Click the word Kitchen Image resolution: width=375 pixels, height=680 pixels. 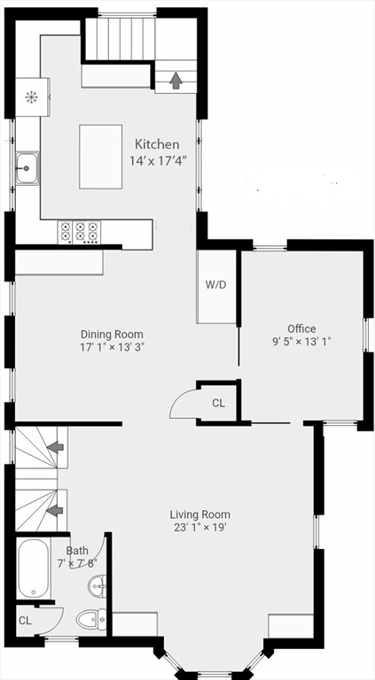[x=157, y=144]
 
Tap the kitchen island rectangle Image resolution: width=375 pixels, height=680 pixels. [x=100, y=156]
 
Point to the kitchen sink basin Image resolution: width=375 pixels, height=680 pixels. [x=27, y=166]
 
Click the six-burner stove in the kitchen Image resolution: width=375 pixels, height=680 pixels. [x=78, y=232]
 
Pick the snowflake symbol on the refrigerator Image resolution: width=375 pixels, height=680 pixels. [x=31, y=97]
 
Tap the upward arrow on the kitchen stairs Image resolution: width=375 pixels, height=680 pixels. [x=176, y=81]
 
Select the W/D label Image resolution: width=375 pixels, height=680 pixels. [x=216, y=285]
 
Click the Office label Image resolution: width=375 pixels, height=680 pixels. [x=301, y=328]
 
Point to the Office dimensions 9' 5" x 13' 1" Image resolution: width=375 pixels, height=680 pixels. [x=301, y=342]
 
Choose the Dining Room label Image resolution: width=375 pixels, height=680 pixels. [x=112, y=334]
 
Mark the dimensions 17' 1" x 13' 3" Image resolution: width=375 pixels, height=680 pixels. [x=112, y=347]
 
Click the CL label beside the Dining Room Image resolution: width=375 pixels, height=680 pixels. [x=219, y=403]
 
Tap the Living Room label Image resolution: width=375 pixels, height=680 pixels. [x=200, y=514]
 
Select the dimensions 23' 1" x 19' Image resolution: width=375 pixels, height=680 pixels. [x=200, y=528]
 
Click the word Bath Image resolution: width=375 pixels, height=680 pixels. [x=76, y=551]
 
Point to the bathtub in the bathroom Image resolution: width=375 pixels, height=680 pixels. [x=33, y=568]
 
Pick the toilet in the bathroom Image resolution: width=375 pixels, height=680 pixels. [x=90, y=620]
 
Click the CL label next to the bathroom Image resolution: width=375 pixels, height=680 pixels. [x=25, y=621]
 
